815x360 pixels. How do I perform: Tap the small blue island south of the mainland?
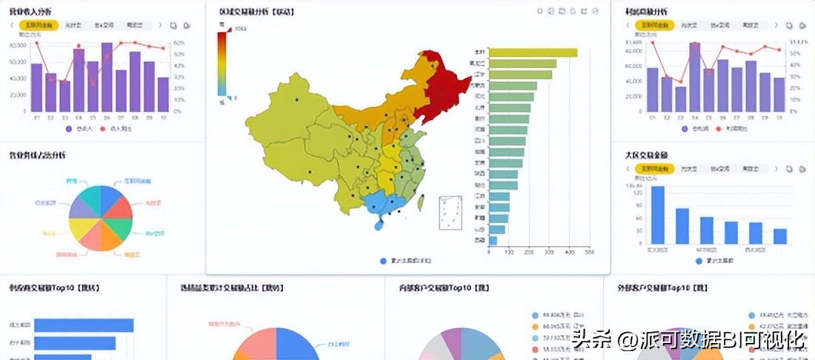tap(379, 222)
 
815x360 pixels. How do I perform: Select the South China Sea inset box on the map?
tap(450, 213)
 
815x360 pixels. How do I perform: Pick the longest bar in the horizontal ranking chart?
tap(533, 53)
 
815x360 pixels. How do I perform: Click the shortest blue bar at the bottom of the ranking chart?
tap(493, 241)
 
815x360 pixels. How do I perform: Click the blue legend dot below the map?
tap(383, 261)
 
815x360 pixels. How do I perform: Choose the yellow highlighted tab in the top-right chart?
tap(655, 25)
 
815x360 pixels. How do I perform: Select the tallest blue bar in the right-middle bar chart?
tap(658, 215)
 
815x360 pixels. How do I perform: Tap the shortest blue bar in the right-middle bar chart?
tap(779, 236)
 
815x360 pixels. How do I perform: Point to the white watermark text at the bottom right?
tap(688, 340)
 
